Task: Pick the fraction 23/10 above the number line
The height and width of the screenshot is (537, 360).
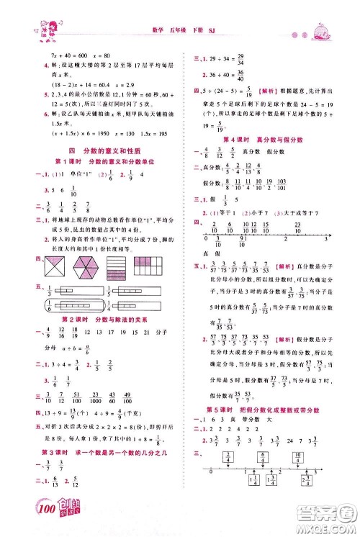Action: [297, 227]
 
